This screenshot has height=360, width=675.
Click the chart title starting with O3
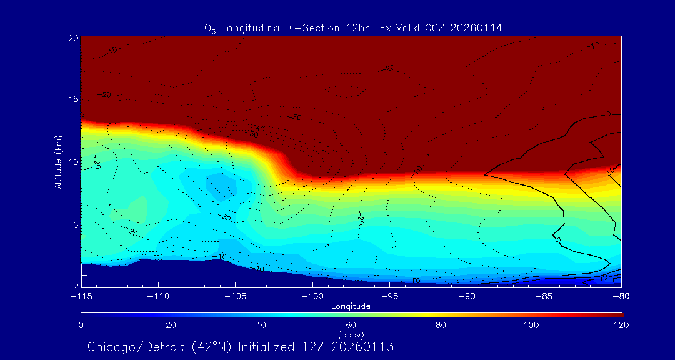pyautogui.click(x=353, y=27)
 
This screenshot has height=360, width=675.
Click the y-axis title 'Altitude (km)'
pyautogui.click(x=58, y=161)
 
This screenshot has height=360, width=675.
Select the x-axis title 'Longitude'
pyautogui.click(x=351, y=306)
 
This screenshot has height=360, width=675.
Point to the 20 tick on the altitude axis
pyautogui.click(x=72, y=38)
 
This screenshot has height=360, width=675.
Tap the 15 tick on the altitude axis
pyautogui.click(x=72, y=99)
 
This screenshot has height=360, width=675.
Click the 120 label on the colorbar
pyautogui.click(x=621, y=325)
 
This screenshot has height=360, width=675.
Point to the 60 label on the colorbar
pyautogui.click(x=351, y=325)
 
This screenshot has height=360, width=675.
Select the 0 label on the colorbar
pyautogui.click(x=81, y=325)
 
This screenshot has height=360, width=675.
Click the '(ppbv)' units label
pyautogui.click(x=351, y=334)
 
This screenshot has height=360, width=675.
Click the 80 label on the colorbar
pyautogui.click(x=441, y=325)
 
